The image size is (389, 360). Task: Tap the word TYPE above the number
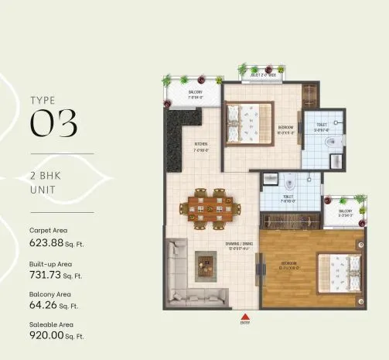(43, 100)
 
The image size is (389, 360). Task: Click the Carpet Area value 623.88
(48, 242)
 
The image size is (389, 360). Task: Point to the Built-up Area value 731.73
(48, 274)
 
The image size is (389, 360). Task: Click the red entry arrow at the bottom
(245, 317)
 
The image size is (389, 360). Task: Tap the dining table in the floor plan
(210, 206)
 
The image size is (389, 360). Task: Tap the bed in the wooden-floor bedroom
(339, 274)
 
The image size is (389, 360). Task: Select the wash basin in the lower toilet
(270, 180)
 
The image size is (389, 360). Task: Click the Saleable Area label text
(52, 324)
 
